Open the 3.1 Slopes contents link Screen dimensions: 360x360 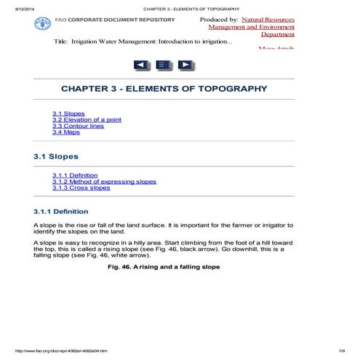click(x=68, y=113)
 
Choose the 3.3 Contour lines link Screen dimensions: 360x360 click(x=78, y=126)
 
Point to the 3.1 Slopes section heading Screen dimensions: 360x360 click(x=56, y=156)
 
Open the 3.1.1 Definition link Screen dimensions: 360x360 click(x=75, y=175)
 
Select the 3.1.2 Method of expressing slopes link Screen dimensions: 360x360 click(x=104, y=181)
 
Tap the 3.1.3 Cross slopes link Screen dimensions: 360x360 click(x=81, y=188)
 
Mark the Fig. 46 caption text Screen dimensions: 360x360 click(x=163, y=267)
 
